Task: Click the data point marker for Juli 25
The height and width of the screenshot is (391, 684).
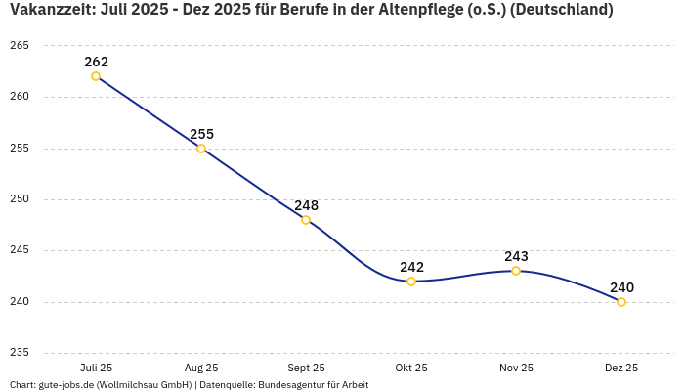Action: (x=96, y=76)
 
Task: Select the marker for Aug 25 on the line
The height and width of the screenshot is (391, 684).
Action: (x=201, y=149)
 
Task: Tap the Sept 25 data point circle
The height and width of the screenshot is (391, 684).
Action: (x=306, y=220)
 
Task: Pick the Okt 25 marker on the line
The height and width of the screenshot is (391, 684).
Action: (x=411, y=282)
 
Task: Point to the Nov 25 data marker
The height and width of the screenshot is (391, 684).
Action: (x=516, y=271)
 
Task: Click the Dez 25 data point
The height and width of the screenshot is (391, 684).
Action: (x=621, y=302)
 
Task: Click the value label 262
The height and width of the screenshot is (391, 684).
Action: (x=96, y=62)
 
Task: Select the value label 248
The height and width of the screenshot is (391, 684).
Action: (x=306, y=205)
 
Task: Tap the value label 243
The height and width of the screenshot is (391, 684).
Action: (x=516, y=256)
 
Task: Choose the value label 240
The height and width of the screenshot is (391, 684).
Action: (x=621, y=287)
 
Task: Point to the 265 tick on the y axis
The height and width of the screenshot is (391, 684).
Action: (x=20, y=46)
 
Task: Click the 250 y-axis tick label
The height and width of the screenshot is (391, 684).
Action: (x=20, y=199)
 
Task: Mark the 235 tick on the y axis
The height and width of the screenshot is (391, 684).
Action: (x=20, y=353)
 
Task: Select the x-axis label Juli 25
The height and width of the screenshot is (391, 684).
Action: (x=96, y=368)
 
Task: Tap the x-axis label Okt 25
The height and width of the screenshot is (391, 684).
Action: (x=411, y=368)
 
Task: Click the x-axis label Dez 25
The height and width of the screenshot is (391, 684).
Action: (x=621, y=368)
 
